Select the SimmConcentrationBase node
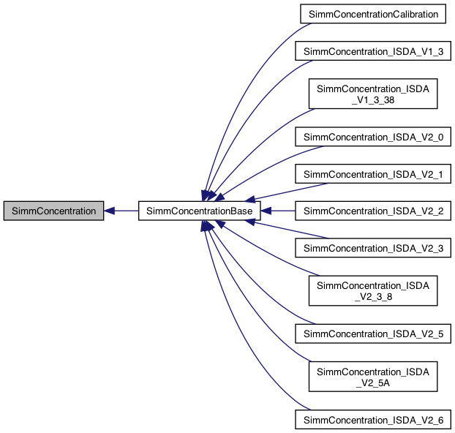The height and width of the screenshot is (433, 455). click(x=200, y=211)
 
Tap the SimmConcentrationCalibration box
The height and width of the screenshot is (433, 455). click(x=375, y=14)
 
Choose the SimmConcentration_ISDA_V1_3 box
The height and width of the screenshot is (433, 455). click(x=375, y=51)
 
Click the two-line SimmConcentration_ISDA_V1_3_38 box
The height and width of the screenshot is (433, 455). click(x=375, y=94)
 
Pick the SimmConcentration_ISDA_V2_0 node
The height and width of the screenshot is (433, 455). click(x=375, y=137)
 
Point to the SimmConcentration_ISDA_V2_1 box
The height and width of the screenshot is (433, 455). click(x=375, y=174)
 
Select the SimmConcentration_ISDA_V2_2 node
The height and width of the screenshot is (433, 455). click(x=375, y=211)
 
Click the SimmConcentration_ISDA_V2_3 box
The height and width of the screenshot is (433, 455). click(x=375, y=248)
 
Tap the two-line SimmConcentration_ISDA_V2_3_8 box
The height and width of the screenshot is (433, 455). click(x=375, y=290)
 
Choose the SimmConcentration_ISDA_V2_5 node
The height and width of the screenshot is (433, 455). click(x=375, y=334)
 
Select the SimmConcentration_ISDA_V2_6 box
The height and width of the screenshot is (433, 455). click(x=375, y=419)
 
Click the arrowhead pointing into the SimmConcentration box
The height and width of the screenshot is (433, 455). click(x=109, y=211)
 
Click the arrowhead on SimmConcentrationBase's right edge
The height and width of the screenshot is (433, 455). click(x=267, y=211)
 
